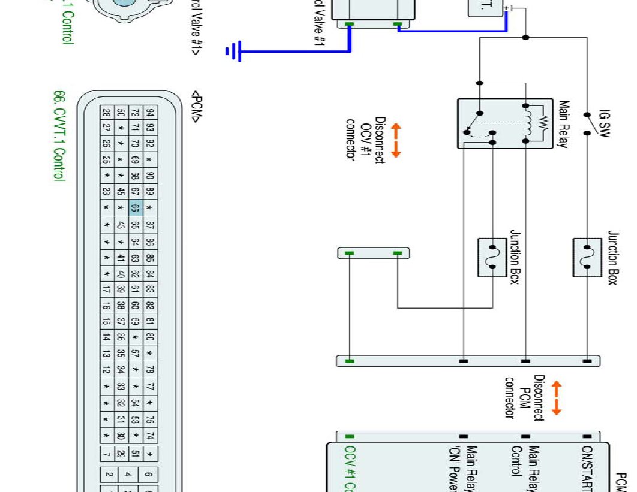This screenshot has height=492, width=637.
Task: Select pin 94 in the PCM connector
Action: [x=150, y=113]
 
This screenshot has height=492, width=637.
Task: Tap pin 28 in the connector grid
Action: [x=107, y=113]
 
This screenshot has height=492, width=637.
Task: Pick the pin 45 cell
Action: [x=121, y=192]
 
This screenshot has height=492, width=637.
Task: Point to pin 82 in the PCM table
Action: [x=150, y=305]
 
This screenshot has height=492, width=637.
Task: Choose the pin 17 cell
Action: [x=107, y=289]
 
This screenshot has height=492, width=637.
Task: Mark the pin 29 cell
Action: [x=121, y=452]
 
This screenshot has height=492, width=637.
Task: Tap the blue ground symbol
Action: [x=233, y=52]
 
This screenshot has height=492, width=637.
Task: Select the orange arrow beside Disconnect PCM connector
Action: [x=556, y=398]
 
